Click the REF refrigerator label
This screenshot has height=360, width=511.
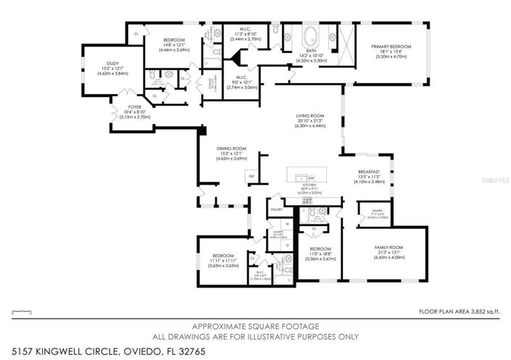pyautogui.click(x=252, y=176)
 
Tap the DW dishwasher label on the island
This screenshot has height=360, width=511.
pyautogui.click(x=310, y=177)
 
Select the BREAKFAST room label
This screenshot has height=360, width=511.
pyautogui.click(x=369, y=172)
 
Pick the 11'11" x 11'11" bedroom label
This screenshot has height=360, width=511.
pyautogui.click(x=223, y=256)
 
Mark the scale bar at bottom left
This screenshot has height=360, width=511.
pyautogui.click(x=24, y=311)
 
